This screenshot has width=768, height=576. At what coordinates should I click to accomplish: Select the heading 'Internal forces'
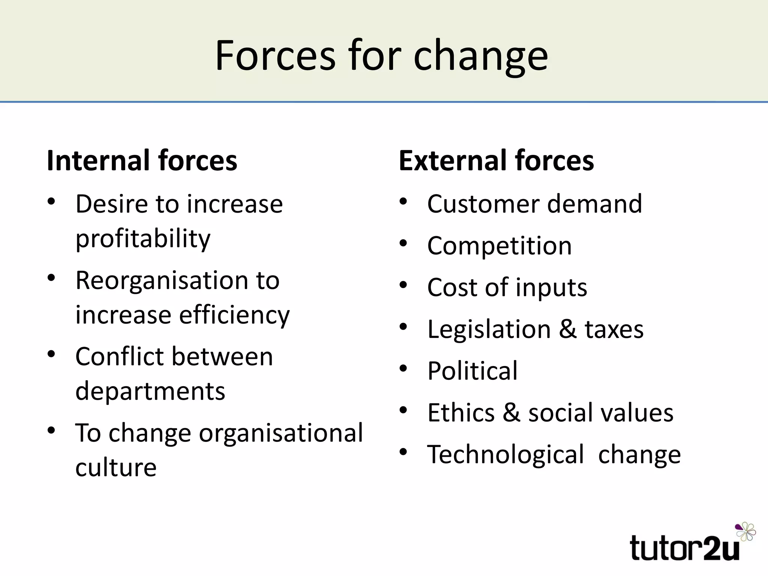pos(142,160)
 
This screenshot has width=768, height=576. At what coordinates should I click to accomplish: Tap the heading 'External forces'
pos(496,160)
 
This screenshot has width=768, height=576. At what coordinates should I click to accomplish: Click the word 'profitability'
pos(143,239)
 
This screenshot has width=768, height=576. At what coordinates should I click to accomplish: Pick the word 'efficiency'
pos(234,315)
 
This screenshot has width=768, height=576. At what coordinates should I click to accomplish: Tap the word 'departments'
pos(150,391)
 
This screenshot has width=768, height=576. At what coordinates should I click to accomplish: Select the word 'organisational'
pos(281,433)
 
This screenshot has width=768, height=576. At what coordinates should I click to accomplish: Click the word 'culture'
pos(116,468)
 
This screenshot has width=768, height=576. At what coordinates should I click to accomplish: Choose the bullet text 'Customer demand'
pos(534,204)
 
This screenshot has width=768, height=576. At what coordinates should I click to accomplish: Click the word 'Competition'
pos(499,246)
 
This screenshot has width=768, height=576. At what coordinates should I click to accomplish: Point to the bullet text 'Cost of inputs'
pos(507,288)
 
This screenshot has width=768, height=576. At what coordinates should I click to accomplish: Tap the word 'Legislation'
pos(489,329)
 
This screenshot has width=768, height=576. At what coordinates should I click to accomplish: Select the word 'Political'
pos(472,371)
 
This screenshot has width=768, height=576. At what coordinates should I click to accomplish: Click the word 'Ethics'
pos(461,412)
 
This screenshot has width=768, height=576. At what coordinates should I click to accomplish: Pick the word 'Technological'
pos(505,454)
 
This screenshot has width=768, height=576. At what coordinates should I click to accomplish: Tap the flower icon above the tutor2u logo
pos(746,531)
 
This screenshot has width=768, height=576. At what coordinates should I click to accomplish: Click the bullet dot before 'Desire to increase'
pos(51,202)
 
